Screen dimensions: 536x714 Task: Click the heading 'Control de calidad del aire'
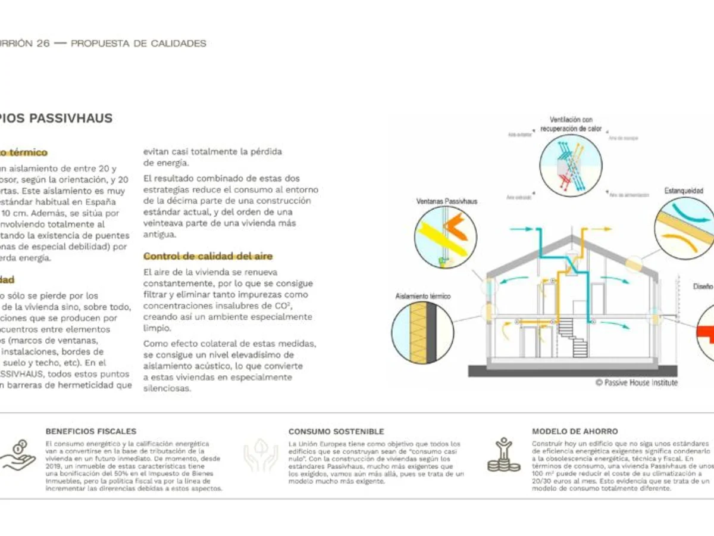pos(208,256)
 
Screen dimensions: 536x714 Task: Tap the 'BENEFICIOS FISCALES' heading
pos(90,431)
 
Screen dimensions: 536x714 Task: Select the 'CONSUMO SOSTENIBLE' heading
pos(336,431)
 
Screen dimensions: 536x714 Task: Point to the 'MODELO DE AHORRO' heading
pos(575,431)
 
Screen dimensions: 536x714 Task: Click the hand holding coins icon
pos(18,456)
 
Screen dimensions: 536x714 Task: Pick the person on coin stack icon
pos(503,456)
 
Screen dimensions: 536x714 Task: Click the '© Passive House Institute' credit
pos(637,383)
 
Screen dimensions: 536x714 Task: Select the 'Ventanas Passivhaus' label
pos(446,201)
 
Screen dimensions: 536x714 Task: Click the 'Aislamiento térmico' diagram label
pos(423,296)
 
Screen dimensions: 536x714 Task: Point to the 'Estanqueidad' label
pos(684,191)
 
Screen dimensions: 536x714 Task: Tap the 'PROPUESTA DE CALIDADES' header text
pos(139,43)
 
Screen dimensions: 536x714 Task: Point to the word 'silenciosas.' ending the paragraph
pos(167,388)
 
